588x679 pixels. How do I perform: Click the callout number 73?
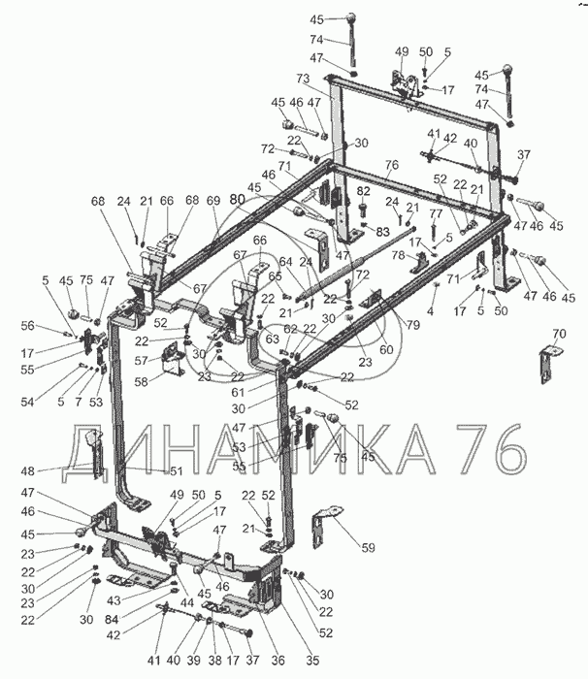tap(303, 78)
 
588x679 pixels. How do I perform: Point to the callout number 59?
tap(368, 548)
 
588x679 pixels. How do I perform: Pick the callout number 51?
tap(177, 471)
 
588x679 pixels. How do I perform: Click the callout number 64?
tap(285, 261)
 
